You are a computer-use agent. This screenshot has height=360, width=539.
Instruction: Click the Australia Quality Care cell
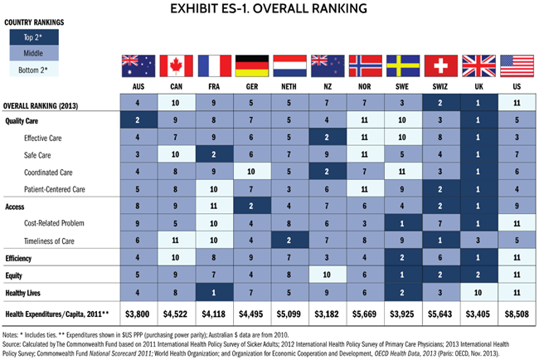tap(137, 120)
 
